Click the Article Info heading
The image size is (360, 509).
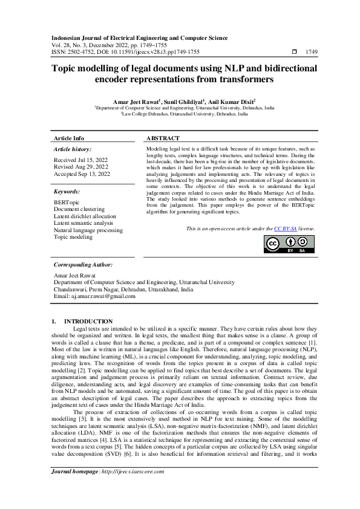click(x=69, y=138)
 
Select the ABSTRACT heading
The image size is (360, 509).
click(x=163, y=138)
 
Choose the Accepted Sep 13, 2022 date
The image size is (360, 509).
click(x=82, y=173)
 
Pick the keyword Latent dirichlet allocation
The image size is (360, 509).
click(x=85, y=216)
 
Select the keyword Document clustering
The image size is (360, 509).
click(x=79, y=209)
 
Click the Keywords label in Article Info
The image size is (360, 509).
click(x=68, y=191)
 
